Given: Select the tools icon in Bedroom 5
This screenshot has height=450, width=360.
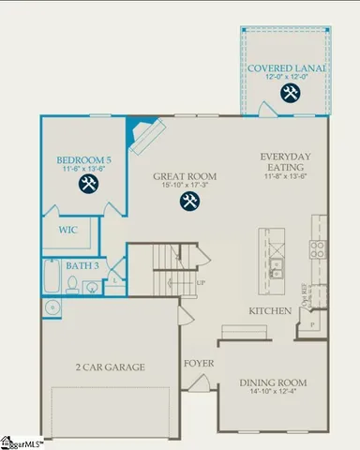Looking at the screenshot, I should point(89,183).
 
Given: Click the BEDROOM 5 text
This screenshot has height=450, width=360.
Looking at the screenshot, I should point(83,160).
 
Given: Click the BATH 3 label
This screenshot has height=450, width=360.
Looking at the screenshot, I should point(81,266).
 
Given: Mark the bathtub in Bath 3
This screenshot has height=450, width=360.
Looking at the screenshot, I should point(52,277).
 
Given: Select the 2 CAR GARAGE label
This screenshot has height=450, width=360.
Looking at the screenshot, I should point(110,367).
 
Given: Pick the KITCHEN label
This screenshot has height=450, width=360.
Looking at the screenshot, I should point(267,310).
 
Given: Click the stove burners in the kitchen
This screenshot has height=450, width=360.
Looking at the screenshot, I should point(318,248).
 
